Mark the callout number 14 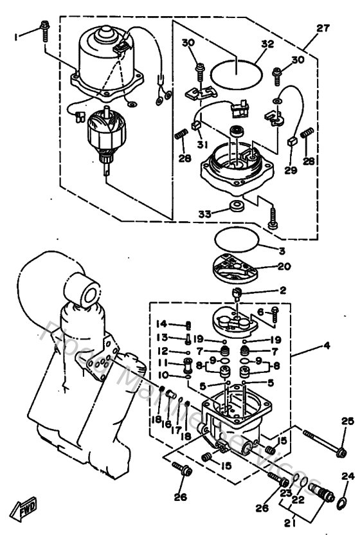pos(162,323)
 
